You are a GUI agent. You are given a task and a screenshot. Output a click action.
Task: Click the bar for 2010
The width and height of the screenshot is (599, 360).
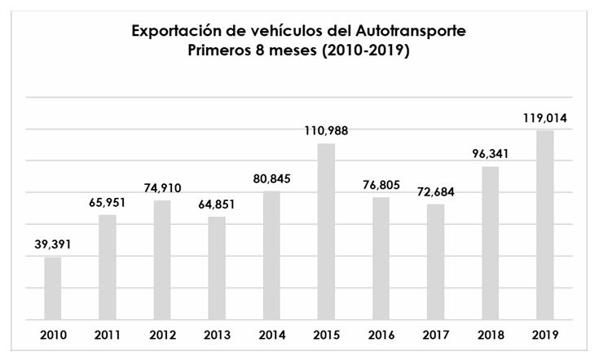pyautogui.click(x=53, y=288)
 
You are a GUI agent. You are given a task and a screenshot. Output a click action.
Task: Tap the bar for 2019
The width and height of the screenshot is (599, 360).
pyautogui.click(x=545, y=225)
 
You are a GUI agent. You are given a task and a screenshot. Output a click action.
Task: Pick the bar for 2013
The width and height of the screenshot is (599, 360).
pyautogui.click(x=217, y=268)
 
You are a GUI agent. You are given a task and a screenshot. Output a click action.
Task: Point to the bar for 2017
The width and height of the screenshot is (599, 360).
pyautogui.click(x=436, y=261)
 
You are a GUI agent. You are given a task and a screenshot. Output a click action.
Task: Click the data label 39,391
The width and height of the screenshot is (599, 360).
pyautogui.click(x=53, y=244)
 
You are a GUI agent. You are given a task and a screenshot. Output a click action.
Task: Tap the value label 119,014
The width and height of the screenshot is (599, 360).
pyautogui.click(x=545, y=118)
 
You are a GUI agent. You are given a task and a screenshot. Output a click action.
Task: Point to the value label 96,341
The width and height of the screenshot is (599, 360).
pyautogui.click(x=491, y=152)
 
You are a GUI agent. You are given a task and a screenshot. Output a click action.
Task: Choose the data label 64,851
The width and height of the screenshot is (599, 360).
pyautogui.click(x=217, y=204)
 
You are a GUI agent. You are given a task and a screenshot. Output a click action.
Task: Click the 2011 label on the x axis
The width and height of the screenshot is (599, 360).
pyautogui.click(x=108, y=335)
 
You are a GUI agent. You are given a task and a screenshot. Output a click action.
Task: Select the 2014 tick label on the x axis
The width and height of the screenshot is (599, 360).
pyautogui.click(x=272, y=335)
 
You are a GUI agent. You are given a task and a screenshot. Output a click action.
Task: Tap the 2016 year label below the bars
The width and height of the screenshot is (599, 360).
pyautogui.click(x=381, y=335)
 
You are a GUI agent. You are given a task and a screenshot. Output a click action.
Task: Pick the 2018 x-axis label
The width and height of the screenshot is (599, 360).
pyautogui.click(x=491, y=335)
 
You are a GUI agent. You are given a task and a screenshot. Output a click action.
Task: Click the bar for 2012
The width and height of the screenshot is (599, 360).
pyautogui.click(x=162, y=260)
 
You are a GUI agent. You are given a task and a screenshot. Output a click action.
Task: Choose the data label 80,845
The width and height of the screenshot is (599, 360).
pyautogui.click(x=272, y=178)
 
